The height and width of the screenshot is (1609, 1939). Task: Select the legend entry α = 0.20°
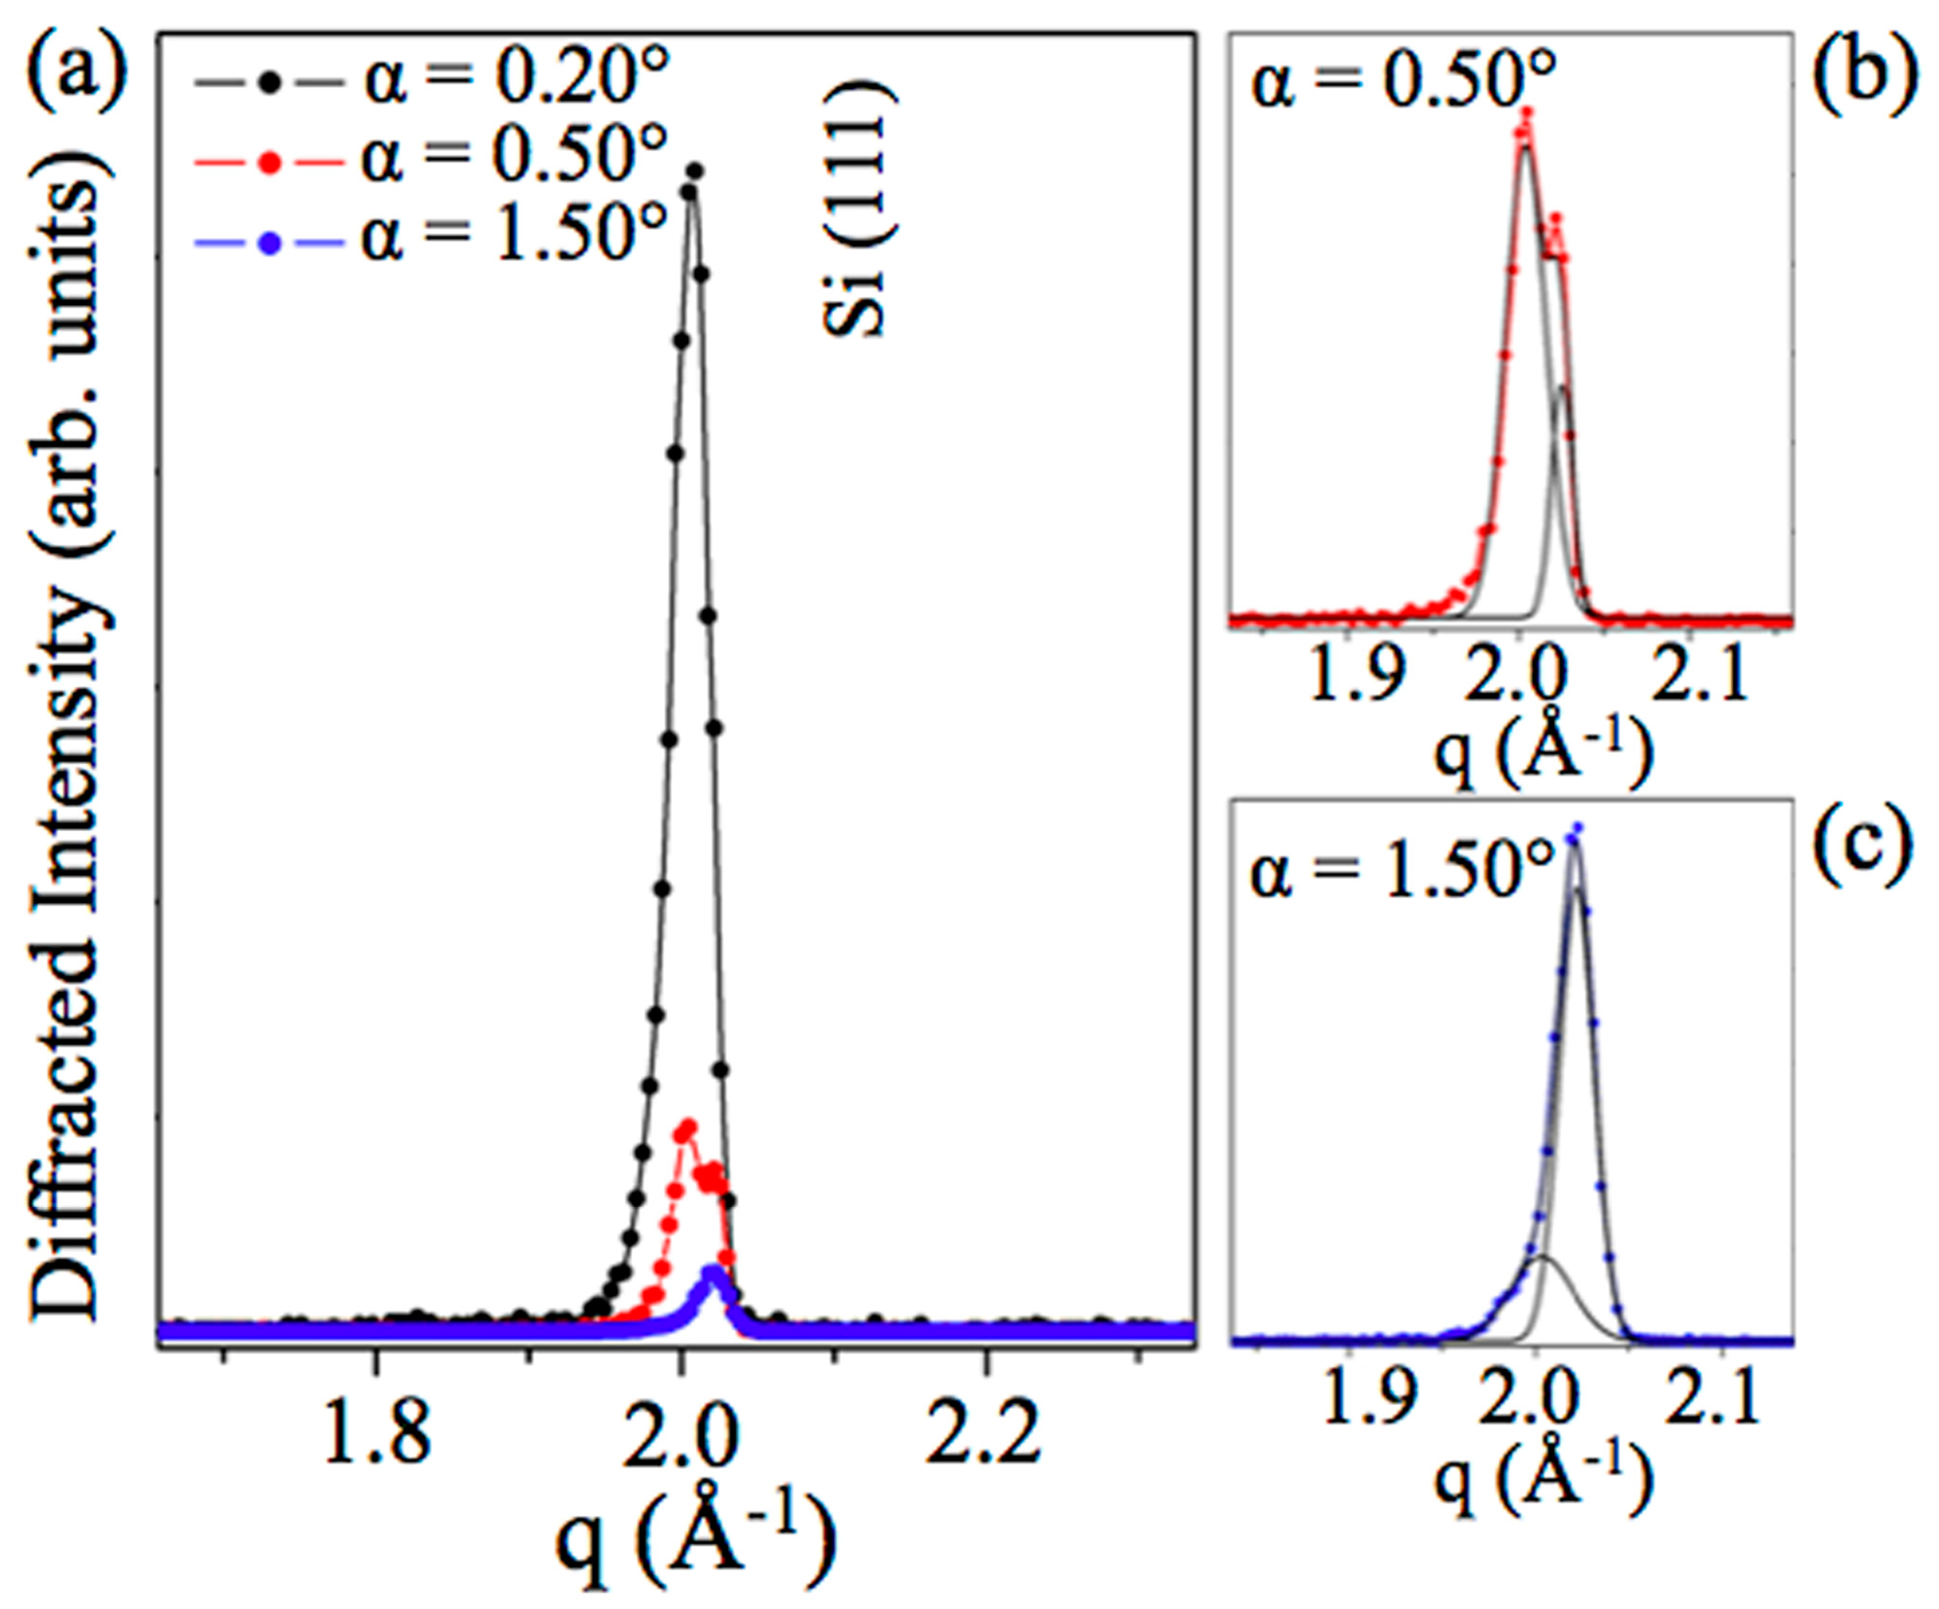point(432,81)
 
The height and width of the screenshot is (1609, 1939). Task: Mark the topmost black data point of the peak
point(696,171)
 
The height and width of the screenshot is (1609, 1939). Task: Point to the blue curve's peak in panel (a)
point(711,1272)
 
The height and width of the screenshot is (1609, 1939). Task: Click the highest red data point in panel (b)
point(1527,112)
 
